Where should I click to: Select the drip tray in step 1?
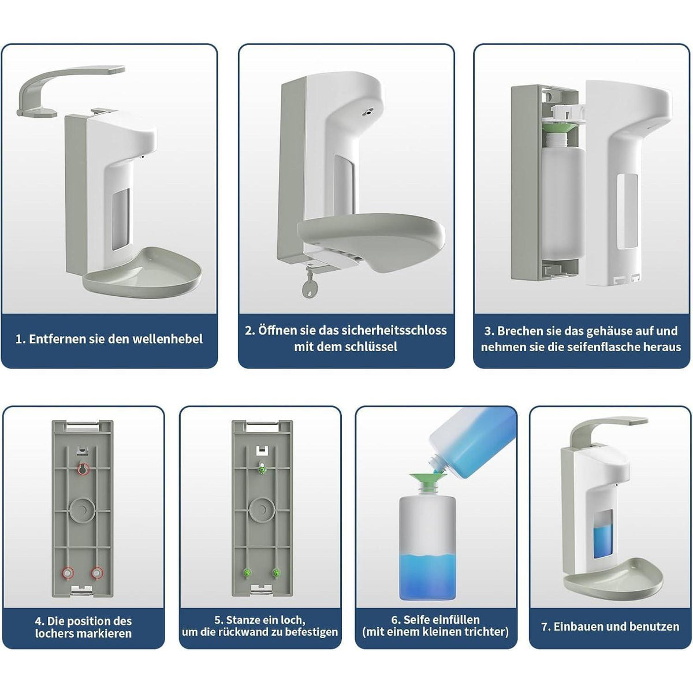click(142, 273)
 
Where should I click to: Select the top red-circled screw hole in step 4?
click(83, 468)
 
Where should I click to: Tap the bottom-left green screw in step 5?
click(247, 572)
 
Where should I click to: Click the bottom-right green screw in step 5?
click(276, 572)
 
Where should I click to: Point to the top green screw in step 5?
click(262, 468)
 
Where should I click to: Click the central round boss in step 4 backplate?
click(83, 510)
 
